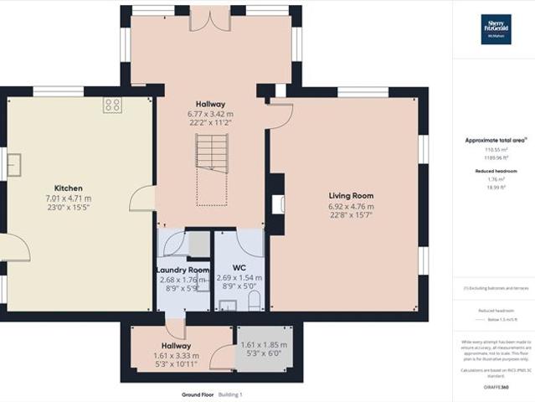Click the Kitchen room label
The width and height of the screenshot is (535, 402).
67,188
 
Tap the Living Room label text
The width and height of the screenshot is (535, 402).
350,195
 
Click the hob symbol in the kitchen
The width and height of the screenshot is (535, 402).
113,105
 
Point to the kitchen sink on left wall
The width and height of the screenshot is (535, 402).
14,165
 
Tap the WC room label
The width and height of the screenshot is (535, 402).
239,268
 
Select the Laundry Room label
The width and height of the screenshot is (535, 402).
183,270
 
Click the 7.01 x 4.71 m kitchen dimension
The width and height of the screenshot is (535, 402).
68,198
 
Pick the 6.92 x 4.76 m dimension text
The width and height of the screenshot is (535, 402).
351,206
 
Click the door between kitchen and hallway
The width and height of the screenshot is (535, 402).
144,198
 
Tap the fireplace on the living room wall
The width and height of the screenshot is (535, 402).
277,204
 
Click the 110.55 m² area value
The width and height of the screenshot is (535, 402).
493,149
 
